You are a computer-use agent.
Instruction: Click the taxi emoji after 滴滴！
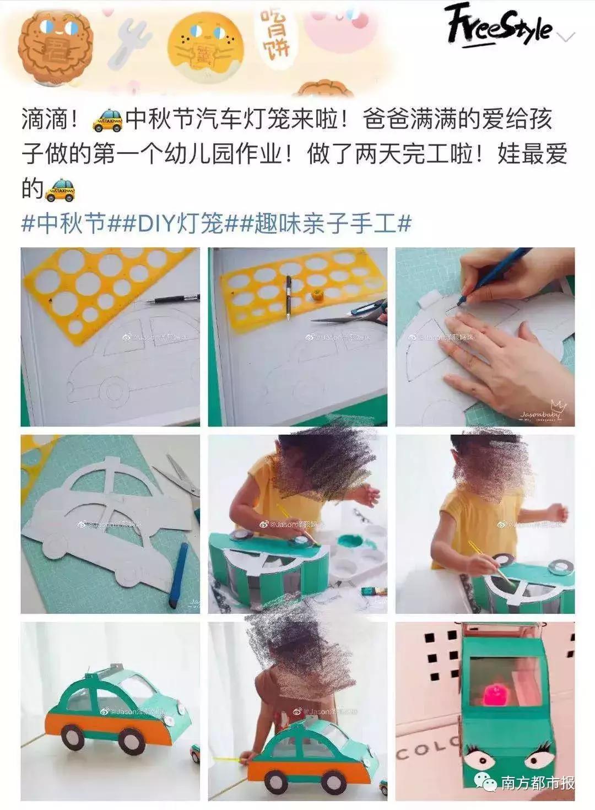click(x=107, y=120)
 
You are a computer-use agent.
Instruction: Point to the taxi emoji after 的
click(x=59, y=189)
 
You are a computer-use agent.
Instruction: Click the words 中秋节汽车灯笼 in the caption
click(x=196, y=119)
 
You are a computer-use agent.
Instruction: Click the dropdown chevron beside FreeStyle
click(x=567, y=36)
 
